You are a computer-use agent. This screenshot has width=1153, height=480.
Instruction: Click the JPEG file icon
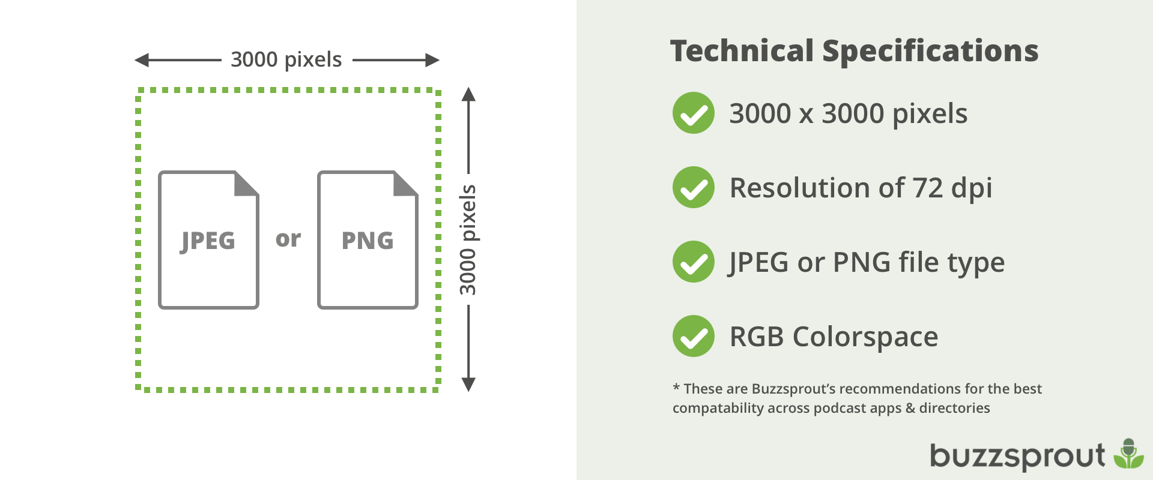point(208,240)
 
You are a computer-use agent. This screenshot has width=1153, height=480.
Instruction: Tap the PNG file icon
point(368,240)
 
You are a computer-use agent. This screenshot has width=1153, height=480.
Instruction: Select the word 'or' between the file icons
point(288,239)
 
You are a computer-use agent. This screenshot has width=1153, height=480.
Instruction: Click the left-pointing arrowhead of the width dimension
point(142,60)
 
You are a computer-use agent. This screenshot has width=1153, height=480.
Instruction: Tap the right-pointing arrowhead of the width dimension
point(432,60)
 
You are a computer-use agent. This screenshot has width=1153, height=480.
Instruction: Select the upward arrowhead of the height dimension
point(468,94)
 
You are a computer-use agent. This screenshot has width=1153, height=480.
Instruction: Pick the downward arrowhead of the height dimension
point(468,385)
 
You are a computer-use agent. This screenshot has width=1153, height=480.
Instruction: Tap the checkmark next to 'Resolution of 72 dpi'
point(694,187)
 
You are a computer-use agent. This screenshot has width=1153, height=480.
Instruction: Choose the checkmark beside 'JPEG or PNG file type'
point(694,262)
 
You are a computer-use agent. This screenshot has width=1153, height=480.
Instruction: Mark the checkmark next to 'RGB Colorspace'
point(694,336)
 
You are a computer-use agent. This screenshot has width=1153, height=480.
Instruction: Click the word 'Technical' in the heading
point(742,51)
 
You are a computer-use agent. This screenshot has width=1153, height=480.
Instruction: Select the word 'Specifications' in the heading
point(930,51)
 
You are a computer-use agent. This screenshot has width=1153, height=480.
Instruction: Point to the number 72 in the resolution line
point(928,188)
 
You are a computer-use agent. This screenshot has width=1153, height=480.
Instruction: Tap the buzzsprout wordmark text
point(1017,456)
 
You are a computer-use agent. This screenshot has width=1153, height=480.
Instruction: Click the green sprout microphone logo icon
point(1129,454)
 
